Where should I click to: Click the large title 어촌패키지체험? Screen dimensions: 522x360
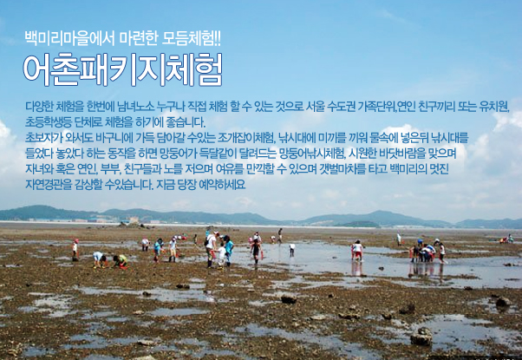(x=122, y=69)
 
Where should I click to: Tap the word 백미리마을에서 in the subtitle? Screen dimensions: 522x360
(x=69, y=39)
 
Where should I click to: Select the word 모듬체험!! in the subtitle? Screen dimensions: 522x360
(x=191, y=39)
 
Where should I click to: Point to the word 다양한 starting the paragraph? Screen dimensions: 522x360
(x=39, y=107)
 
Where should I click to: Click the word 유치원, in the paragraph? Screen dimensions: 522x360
(x=494, y=107)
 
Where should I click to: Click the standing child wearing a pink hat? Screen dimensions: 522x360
(x=75, y=249)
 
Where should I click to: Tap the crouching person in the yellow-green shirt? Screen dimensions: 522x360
(x=121, y=261)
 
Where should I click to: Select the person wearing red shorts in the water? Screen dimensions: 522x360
(x=358, y=251)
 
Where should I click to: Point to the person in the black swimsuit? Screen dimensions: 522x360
(x=256, y=251)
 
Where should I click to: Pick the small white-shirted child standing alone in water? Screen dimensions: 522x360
(x=292, y=249)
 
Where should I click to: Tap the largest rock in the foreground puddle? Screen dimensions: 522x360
(x=421, y=337)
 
